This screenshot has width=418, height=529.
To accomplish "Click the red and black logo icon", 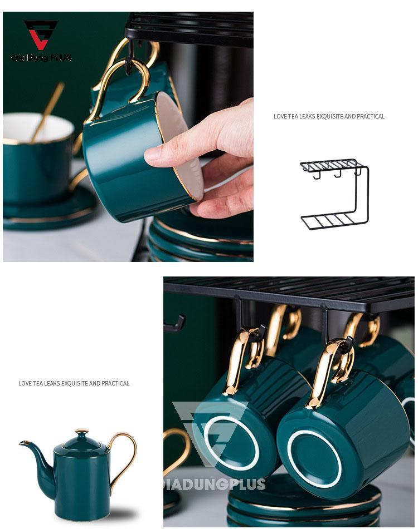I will point(41,34).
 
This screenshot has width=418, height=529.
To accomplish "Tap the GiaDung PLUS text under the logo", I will point(41,57).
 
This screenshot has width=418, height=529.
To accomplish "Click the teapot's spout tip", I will point(22,443).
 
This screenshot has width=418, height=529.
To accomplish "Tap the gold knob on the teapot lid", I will point(81,431).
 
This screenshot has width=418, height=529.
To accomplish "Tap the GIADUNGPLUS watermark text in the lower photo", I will point(215,484).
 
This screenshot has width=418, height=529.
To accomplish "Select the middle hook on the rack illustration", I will point(338,174).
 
